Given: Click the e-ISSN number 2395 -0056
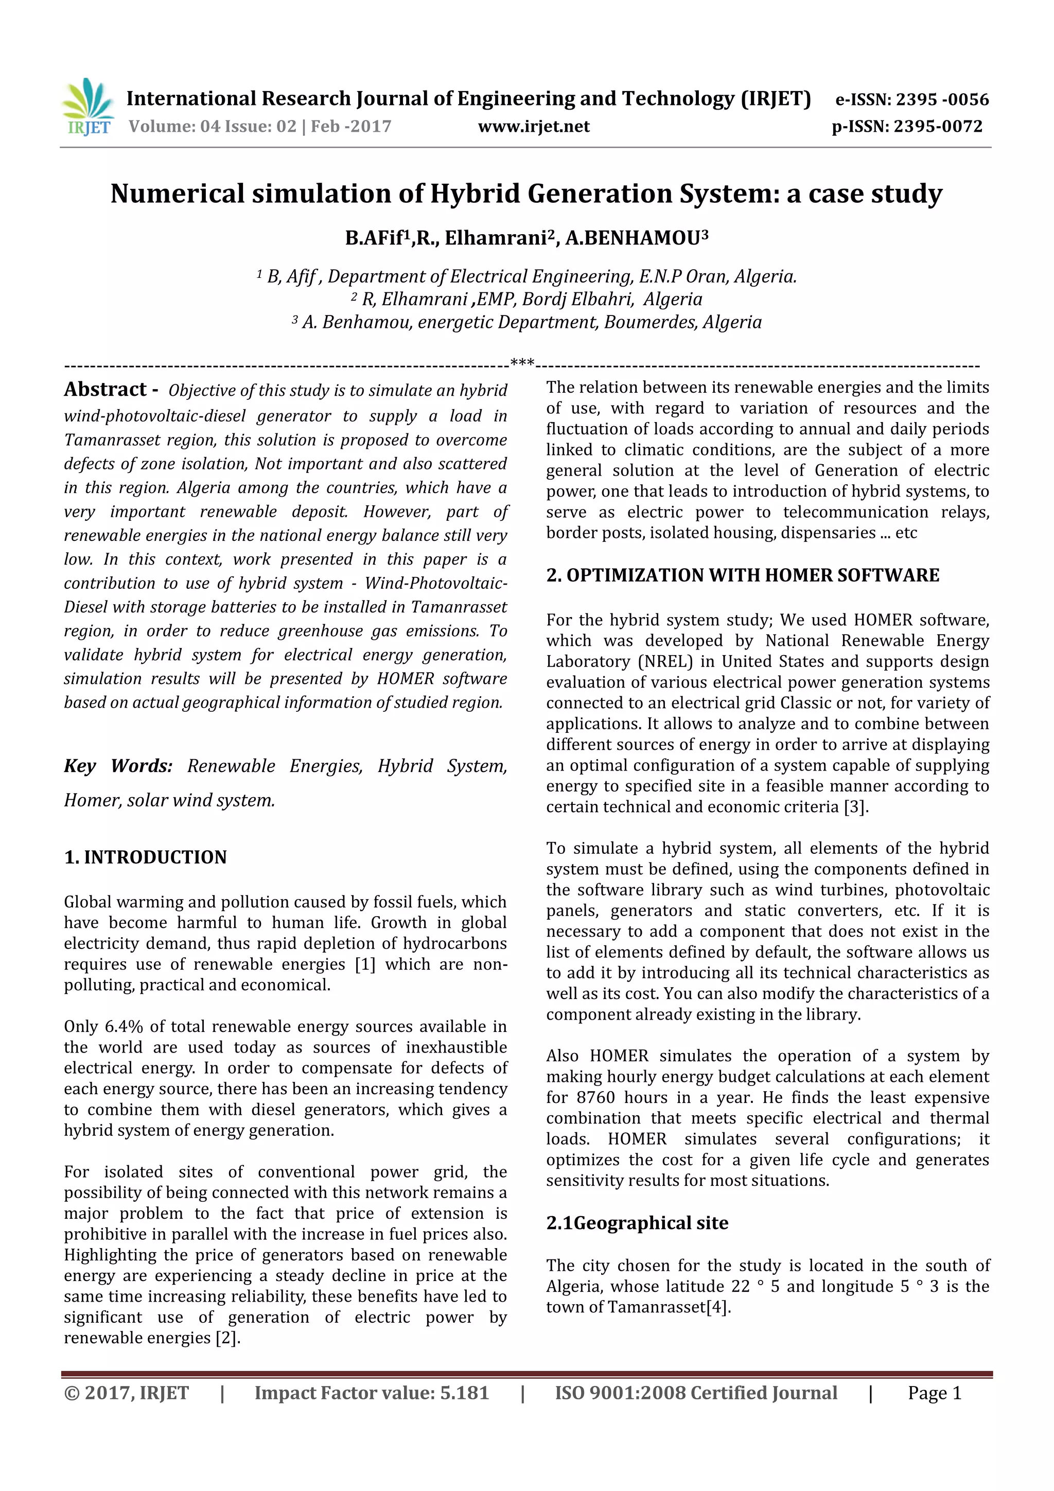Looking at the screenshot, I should click(942, 99).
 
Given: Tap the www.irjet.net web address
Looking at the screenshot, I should click(533, 126).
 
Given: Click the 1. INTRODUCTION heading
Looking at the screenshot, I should click(146, 857).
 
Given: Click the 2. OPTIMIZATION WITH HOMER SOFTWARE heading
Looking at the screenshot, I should click(742, 575).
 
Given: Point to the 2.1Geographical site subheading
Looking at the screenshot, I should click(637, 1223).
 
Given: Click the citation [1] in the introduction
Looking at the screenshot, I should click(365, 964).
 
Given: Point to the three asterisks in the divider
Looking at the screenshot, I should click(522, 362).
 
